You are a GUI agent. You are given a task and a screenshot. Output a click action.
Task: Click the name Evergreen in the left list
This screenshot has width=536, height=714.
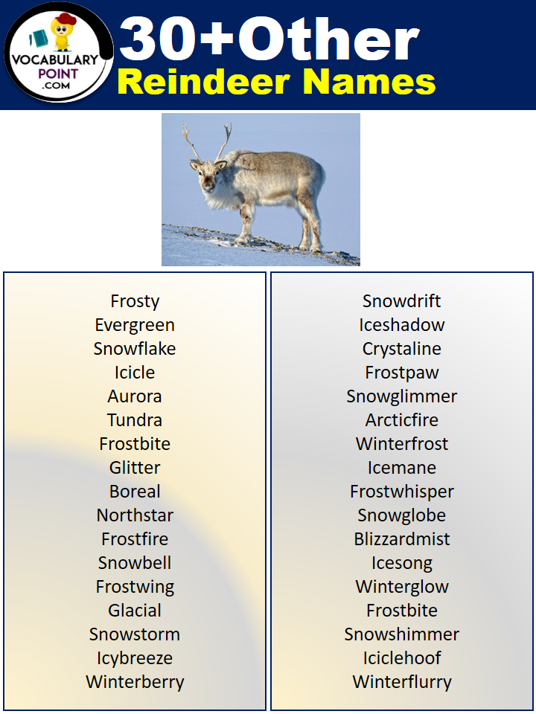(x=135, y=325)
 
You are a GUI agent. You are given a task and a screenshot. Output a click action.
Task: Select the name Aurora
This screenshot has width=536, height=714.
(x=135, y=396)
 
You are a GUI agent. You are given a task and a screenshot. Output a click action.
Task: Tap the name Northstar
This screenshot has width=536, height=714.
(x=135, y=515)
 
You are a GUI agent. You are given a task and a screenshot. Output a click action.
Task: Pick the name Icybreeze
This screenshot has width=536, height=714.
(x=135, y=658)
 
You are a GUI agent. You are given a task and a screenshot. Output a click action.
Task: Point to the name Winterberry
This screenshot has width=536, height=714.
(x=135, y=682)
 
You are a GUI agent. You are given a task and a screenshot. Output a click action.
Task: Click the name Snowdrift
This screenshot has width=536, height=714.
(x=401, y=301)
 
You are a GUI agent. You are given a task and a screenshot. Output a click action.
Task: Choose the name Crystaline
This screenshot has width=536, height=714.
(x=401, y=349)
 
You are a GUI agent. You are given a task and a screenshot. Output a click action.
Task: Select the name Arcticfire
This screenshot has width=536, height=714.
(x=401, y=419)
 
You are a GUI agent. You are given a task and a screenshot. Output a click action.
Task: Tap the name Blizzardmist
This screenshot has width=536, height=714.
(x=401, y=538)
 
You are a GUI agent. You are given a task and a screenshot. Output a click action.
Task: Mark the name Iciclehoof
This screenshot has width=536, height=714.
(x=401, y=658)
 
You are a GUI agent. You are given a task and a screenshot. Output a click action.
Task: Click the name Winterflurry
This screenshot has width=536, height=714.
(x=402, y=682)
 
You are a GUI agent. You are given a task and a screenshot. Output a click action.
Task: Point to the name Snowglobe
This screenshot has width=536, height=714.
(x=401, y=515)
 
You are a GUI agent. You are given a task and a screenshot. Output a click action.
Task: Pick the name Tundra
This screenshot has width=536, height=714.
(x=135, y=419)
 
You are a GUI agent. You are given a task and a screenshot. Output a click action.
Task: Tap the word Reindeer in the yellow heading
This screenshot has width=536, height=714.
(x=204, y=82)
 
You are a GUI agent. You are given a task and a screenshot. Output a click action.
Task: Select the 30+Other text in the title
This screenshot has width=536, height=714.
(x=269, y=39)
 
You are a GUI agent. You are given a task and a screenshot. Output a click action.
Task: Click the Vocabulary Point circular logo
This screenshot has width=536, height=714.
(x=58, y=52)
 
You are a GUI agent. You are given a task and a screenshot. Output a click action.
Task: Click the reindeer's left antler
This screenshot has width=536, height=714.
(x=191, y=141)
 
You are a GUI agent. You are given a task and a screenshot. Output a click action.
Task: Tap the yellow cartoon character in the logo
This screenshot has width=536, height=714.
(x=62, y=32)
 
